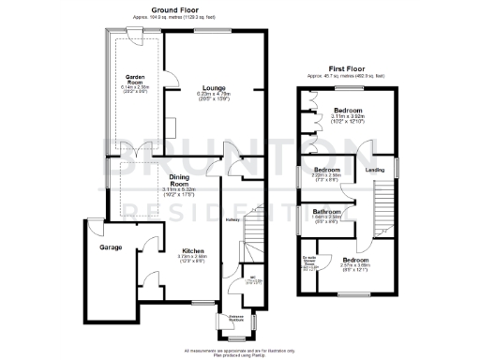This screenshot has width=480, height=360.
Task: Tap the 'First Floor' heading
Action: coord(344,67)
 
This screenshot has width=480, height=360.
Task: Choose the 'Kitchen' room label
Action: coord(194,251)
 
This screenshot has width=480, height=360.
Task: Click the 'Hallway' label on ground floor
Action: coord(232,220)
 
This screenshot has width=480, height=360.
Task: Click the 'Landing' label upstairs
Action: coord(374,170)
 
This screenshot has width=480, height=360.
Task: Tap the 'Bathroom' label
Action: coord(326,212)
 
